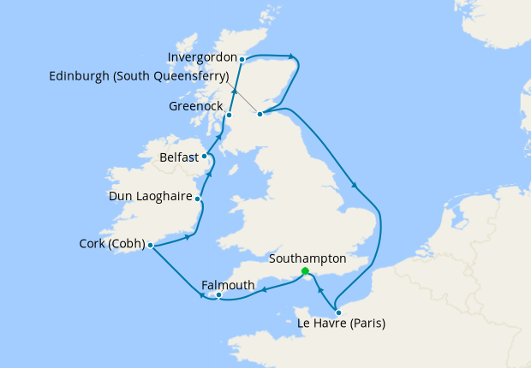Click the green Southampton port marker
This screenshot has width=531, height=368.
click(x=306, y=271)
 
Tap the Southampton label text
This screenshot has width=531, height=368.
click(x=307, y=258)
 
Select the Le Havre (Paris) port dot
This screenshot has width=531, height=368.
click(x=338, y=312)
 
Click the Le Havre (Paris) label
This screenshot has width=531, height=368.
click(x=341, y=324)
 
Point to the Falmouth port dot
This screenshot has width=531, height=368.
click(x=219, y=295)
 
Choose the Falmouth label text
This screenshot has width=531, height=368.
click(x=228, y=284)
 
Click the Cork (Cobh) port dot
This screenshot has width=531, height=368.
click(x=150, y=246)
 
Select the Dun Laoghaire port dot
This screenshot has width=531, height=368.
click(x=198, y=199)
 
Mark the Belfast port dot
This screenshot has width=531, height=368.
click(x=205, y=157)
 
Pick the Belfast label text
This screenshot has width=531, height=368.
click(x=179, y=157)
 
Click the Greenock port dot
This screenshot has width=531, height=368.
click(x=229, y=114)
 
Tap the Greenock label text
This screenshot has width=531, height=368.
click(x=195, y=108)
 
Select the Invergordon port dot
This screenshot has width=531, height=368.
click(x=242, y=59)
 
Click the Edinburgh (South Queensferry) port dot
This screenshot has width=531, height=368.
click(x=260, y=112)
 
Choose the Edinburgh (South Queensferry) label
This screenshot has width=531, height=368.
click(x=138, y=75)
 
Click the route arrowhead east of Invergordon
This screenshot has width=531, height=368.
click(x=293, y=58)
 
